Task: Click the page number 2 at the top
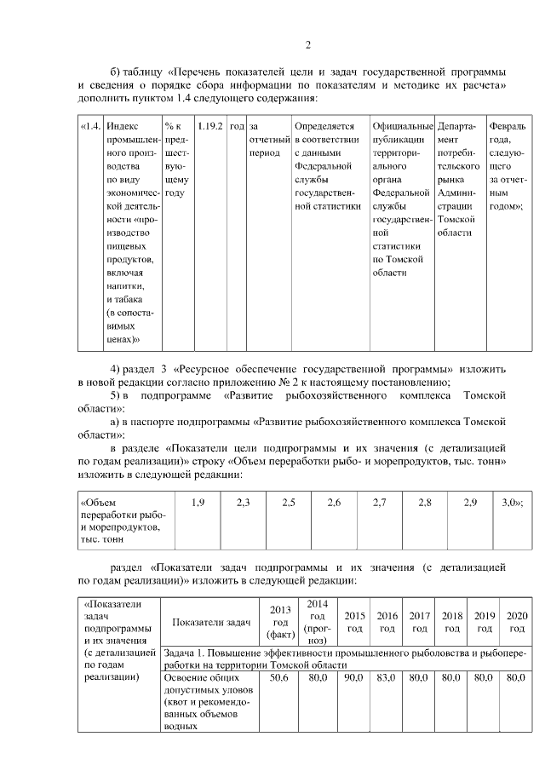tap(307, 44)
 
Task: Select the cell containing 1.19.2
tap(209, 125)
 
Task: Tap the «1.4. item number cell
tap(89, 125)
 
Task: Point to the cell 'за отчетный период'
tap(264, 139)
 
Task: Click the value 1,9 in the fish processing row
tap(198, 503)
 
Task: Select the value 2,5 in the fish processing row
tap(288, 503)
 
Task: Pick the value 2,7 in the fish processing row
tap(380, 503)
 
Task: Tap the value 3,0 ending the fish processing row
tap(511, 503)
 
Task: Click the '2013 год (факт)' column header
tap(280, 622)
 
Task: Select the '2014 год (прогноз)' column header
tap(317, 622)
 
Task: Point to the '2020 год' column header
tap(516, 622)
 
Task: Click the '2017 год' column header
tap(419, 622)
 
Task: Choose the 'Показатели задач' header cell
tap(210, 623)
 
